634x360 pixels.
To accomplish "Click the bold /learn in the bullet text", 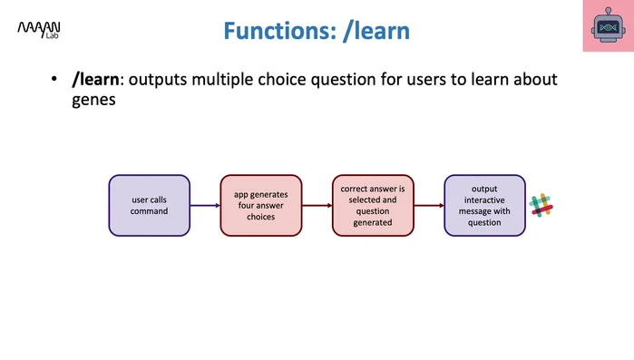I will point(98,80).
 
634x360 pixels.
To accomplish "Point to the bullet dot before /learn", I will point(54,80).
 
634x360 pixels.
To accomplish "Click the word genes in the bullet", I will point(93,102).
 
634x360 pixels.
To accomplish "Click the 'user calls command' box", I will point(150,206).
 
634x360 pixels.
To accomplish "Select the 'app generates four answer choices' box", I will point(261,206).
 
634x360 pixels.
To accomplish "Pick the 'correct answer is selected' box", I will point(373,206).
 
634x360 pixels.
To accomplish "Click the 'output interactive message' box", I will point(484,206).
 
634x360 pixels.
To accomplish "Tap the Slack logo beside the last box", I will point(541,206).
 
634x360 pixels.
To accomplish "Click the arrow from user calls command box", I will point(205,206).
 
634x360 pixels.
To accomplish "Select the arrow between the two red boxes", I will point(317,206).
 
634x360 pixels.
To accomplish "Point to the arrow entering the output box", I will point(428,206).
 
